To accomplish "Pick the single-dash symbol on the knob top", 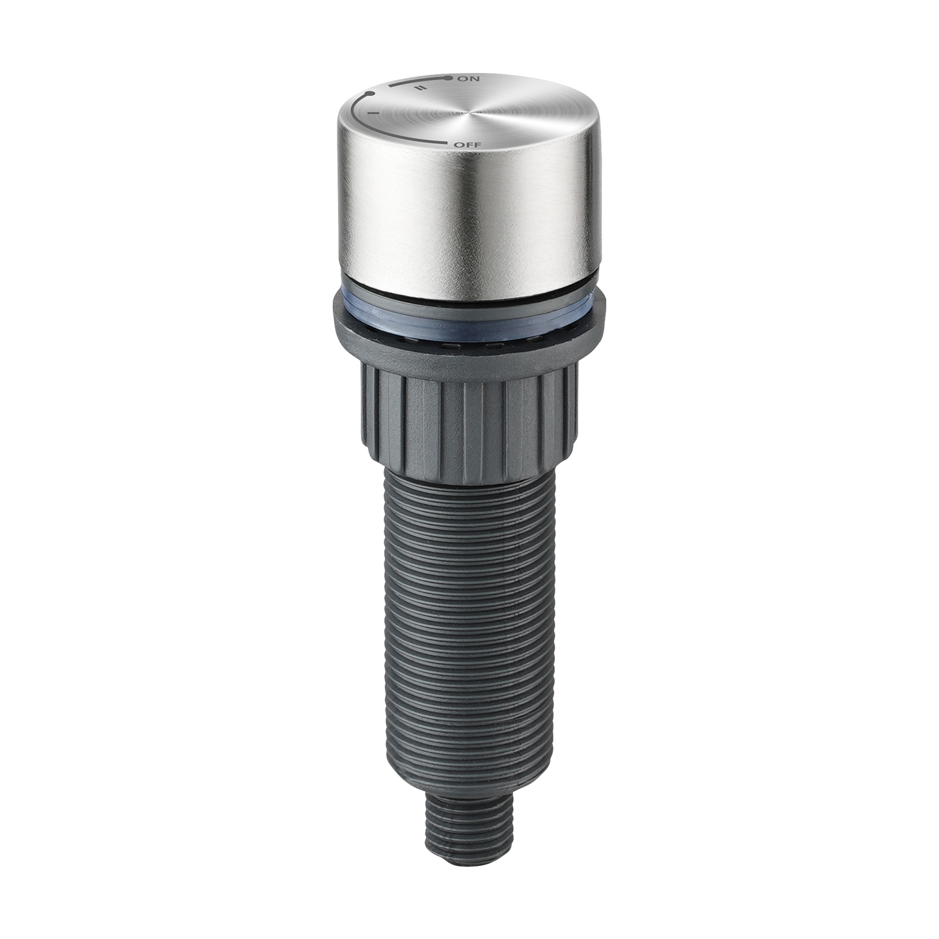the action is pyautogui.click(x=374, y=113).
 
